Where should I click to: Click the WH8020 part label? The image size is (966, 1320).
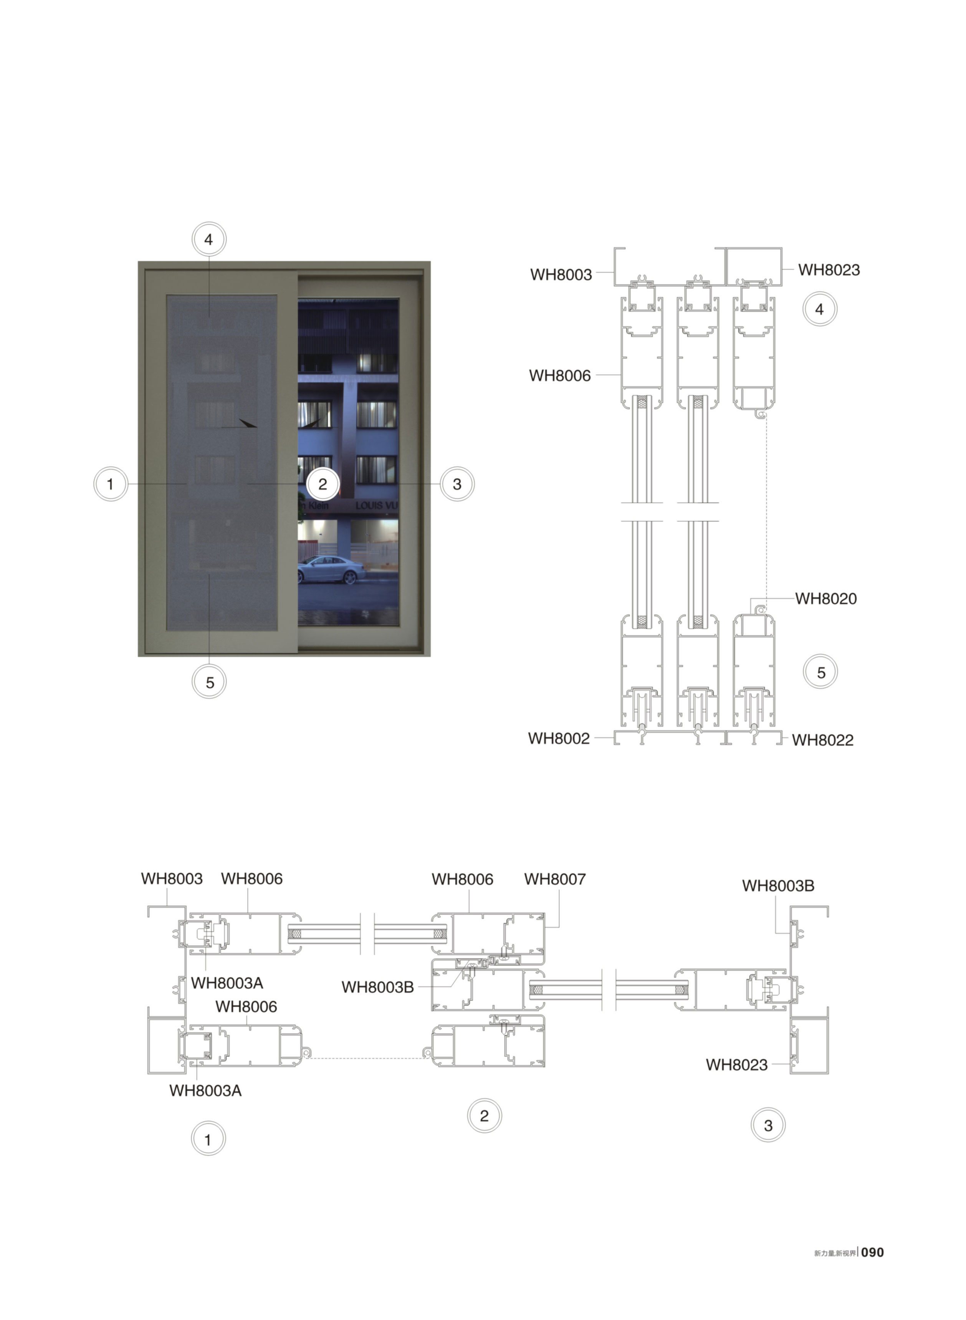pyautogui.click(x=825, y=599)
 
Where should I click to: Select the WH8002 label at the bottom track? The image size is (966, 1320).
pyautogui.click(x=559, y=738)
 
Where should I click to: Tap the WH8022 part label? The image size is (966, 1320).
pyautogui.click(x=823, y=740)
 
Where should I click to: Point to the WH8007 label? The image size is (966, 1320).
pyautogui.click(x=555, y=879)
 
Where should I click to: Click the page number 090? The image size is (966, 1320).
pyautogui.click(x=872, y=1252)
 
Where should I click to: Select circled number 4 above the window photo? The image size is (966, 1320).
pyautogui.click(x=209, y=239)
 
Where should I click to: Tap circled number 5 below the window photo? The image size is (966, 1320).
pyautogui.click(x=209, y=682)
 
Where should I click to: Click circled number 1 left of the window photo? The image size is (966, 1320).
pyautogui.click(x=111, y=484)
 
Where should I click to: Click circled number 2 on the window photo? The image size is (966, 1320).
pyautogui.click(x=323, y=484)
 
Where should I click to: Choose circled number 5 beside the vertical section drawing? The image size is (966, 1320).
pyautogui.click(x=821, y=672)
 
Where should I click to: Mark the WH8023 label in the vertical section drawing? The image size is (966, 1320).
pyautogui.click(x=829, y=270)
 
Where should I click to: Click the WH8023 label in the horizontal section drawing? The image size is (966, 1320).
pyautogui.click(x=737, y=1065)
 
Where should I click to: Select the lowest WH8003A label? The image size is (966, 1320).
pyautogui.click(x=205, y=1091)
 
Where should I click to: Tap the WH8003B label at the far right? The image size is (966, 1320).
pyautogui.click(x=778, y=886)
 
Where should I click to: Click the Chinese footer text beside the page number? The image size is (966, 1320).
pyautogui.click(x=835, y=1253)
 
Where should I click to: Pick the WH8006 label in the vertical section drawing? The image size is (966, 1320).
pyautogui.click(x=560, y=375)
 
